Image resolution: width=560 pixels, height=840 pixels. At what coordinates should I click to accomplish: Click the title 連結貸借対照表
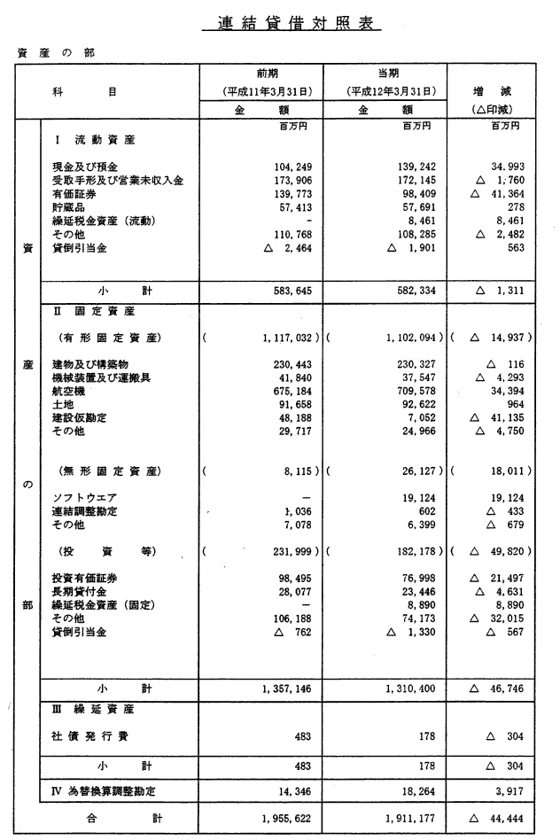(292, 24)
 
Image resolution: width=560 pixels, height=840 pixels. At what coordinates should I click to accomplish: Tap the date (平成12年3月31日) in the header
(385, 91)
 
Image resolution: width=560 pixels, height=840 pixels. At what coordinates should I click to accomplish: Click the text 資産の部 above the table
(56, 52)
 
